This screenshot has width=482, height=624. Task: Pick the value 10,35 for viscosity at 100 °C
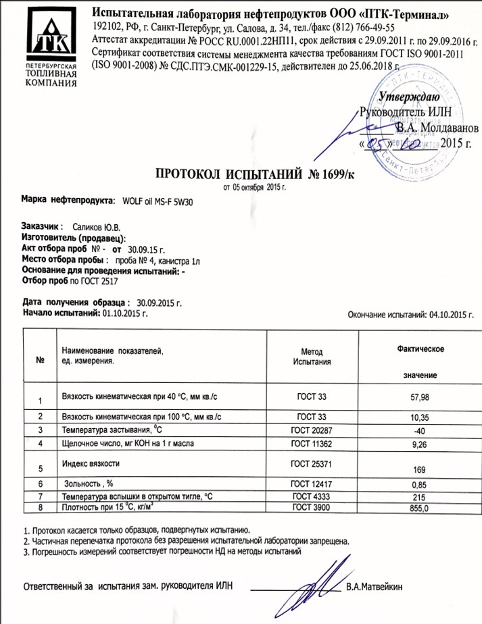click(x=420, y=418)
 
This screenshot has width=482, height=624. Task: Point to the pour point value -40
click(x=420, y=430)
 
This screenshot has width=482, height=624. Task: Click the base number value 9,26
click(x=420, y=444)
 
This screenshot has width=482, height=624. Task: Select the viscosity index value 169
click(x=420, y=469)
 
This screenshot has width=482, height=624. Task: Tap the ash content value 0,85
click(x=420, y=484)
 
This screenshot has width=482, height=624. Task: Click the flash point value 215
click(x=420, y=496)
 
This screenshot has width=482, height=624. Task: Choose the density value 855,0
click(x=420, y=508)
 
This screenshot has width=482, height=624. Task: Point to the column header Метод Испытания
click(x=312, y=357)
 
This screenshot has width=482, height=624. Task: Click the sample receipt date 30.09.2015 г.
click(x=160, y=303)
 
